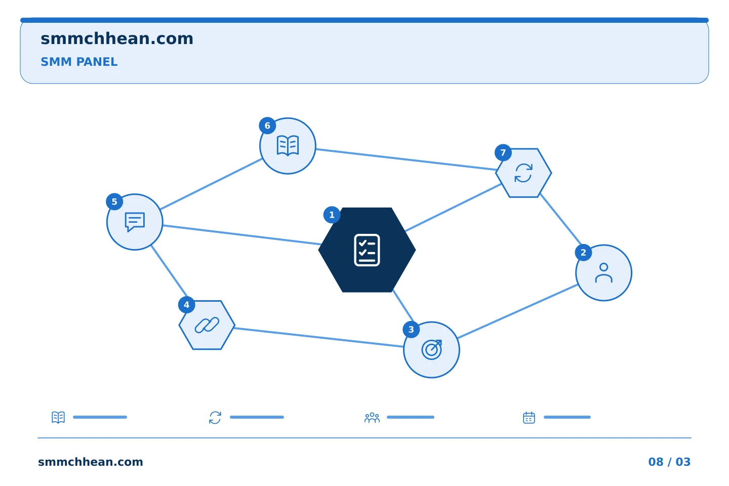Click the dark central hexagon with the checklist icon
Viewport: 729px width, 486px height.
[x=367, y=250]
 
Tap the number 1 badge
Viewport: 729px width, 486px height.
[x=332, y=215]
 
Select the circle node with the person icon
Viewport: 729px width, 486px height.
[x=603, y=273]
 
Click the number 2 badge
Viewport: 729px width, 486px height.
[x=583, y=253]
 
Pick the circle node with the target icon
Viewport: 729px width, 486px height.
[x=431, y=350]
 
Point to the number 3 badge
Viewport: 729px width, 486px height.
[x=411, y=330]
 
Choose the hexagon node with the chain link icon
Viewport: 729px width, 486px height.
[x=207, y=325]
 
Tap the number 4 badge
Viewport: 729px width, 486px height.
[x=186, y=305]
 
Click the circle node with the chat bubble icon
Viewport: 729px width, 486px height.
[x=135, y=222]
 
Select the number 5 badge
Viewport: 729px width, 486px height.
[x=114, y=202]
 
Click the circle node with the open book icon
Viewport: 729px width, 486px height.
[x=288, y=146]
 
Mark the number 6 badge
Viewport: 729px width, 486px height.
[x=267, y=126]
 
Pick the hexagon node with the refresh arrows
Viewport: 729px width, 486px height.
[x=523, y=173]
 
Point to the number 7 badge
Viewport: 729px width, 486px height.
[x=503, y=153]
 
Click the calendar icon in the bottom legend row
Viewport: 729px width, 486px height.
[x=529, y=418]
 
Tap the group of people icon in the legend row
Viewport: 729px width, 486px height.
[x=372, y=418]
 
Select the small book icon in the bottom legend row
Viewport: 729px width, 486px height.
[x=58, y=417]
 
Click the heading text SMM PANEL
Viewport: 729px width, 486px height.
[x=79, y=62]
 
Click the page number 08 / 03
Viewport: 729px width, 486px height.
[x=669, y=462]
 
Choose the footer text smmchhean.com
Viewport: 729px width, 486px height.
[x=91, y=462]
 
